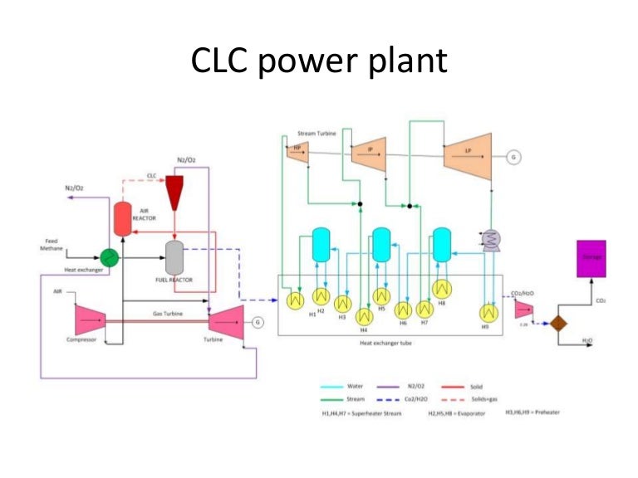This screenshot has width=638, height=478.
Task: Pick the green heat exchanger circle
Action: click(x=109, y=256)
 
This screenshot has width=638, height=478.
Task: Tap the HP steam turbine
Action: click(x=299, y=149)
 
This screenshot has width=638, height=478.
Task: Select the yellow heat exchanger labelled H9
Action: click(x=486, y=313)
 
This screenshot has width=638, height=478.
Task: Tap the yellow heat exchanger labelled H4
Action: click(x=363, y=316)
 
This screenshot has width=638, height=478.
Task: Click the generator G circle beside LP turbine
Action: click(x=514, y=157)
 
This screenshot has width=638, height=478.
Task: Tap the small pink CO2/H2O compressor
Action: click(x=523, y=310)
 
